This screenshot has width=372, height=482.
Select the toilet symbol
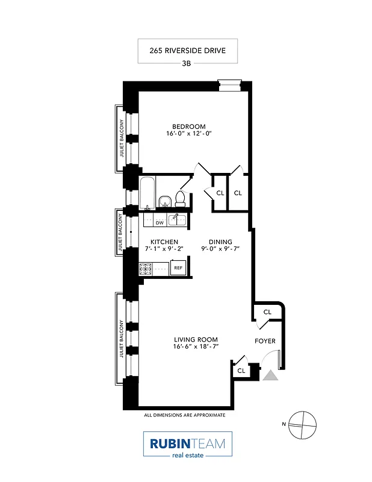point(179,198)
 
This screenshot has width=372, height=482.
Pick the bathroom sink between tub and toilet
point(164,201)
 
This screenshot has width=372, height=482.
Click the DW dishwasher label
point(160,222)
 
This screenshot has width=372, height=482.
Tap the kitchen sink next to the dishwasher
point(177,220)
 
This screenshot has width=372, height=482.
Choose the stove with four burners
point(147,269)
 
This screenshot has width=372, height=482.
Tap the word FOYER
point(265,341)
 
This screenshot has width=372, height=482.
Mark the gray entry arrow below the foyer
point(271,375)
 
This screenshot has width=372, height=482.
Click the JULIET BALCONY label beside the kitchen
point(120,232)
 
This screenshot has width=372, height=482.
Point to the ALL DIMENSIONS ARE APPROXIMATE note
point(184,415)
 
